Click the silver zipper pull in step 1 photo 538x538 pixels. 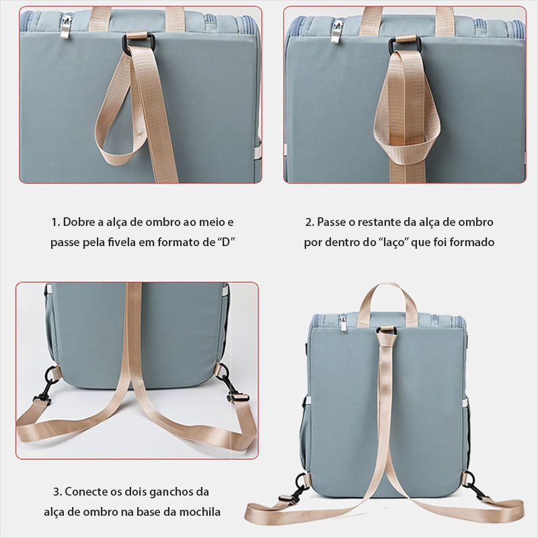pyautogui.click(x=65, y=27)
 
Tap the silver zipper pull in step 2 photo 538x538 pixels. pyautogui.click(x=337, y=32)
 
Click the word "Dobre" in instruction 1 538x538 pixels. pyautogui.click(x=79, y=222)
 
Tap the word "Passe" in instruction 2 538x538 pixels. pyautogui.click(x=331, y=222)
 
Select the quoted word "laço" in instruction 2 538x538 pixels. pyautogui.click(x=394, y=243)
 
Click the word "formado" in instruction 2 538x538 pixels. pyautogui.click(x=472, y=242)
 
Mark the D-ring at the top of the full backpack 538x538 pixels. pyautogui.click(x=387, y=331)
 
